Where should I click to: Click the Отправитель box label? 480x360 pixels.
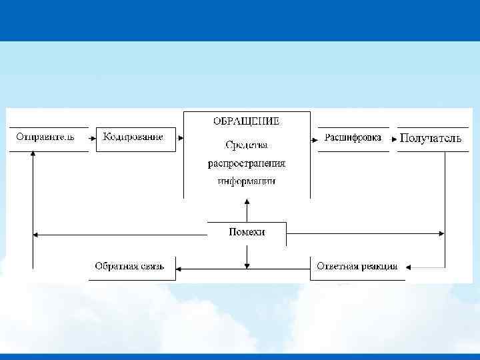45,137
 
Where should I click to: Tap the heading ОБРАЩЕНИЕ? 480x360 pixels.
246,121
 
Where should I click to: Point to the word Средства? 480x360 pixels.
247,144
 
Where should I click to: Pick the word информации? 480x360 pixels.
247,180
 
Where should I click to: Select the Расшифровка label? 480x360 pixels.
353,137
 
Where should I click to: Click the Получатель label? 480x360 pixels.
431,138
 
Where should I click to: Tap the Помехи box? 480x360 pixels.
247,232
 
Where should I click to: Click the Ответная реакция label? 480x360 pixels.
357,266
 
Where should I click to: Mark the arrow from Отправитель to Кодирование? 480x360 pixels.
92,139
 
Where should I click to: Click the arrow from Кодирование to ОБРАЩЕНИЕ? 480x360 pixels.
179,139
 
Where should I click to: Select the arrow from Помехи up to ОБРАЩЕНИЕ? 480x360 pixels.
247,210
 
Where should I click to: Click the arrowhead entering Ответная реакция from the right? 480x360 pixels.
408,268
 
